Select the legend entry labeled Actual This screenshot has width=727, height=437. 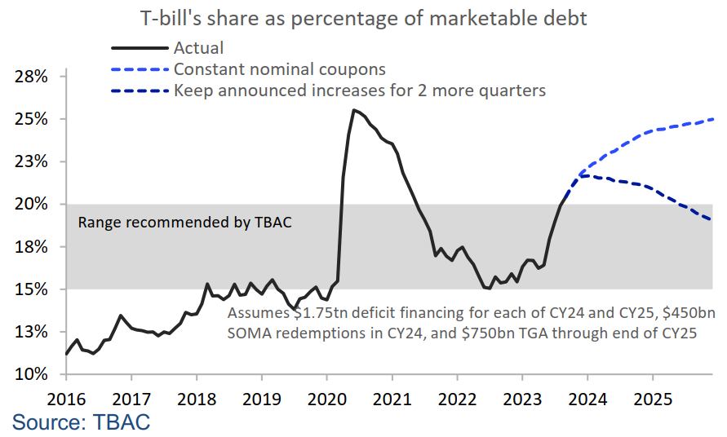point(198,49)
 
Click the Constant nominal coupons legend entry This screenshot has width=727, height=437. point(279,69)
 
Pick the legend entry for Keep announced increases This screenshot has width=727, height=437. point(359,90)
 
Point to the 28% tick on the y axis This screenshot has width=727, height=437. point(32,77)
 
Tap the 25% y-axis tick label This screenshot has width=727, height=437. point(32,119)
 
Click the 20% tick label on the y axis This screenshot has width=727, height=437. point(32,205)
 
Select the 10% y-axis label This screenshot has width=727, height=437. point(32,375)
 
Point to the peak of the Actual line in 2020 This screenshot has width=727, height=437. point(353,110)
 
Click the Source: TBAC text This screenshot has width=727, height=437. point(81,422)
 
